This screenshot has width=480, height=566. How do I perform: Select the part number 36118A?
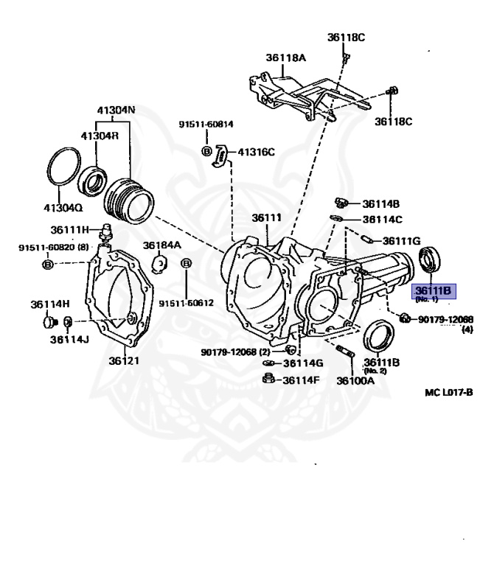point(285,58)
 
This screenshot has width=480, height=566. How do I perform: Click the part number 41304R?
point(100,136)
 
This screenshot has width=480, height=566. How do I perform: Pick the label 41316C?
point(255,153)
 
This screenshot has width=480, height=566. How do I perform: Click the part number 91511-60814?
point(206,125)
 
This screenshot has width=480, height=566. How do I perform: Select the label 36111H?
point(69,229)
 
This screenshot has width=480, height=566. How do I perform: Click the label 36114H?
point(50,304)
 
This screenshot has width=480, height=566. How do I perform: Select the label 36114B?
point(380,203)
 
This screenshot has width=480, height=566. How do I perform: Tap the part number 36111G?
point(401,240)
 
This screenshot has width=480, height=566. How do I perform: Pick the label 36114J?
point(69,340)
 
